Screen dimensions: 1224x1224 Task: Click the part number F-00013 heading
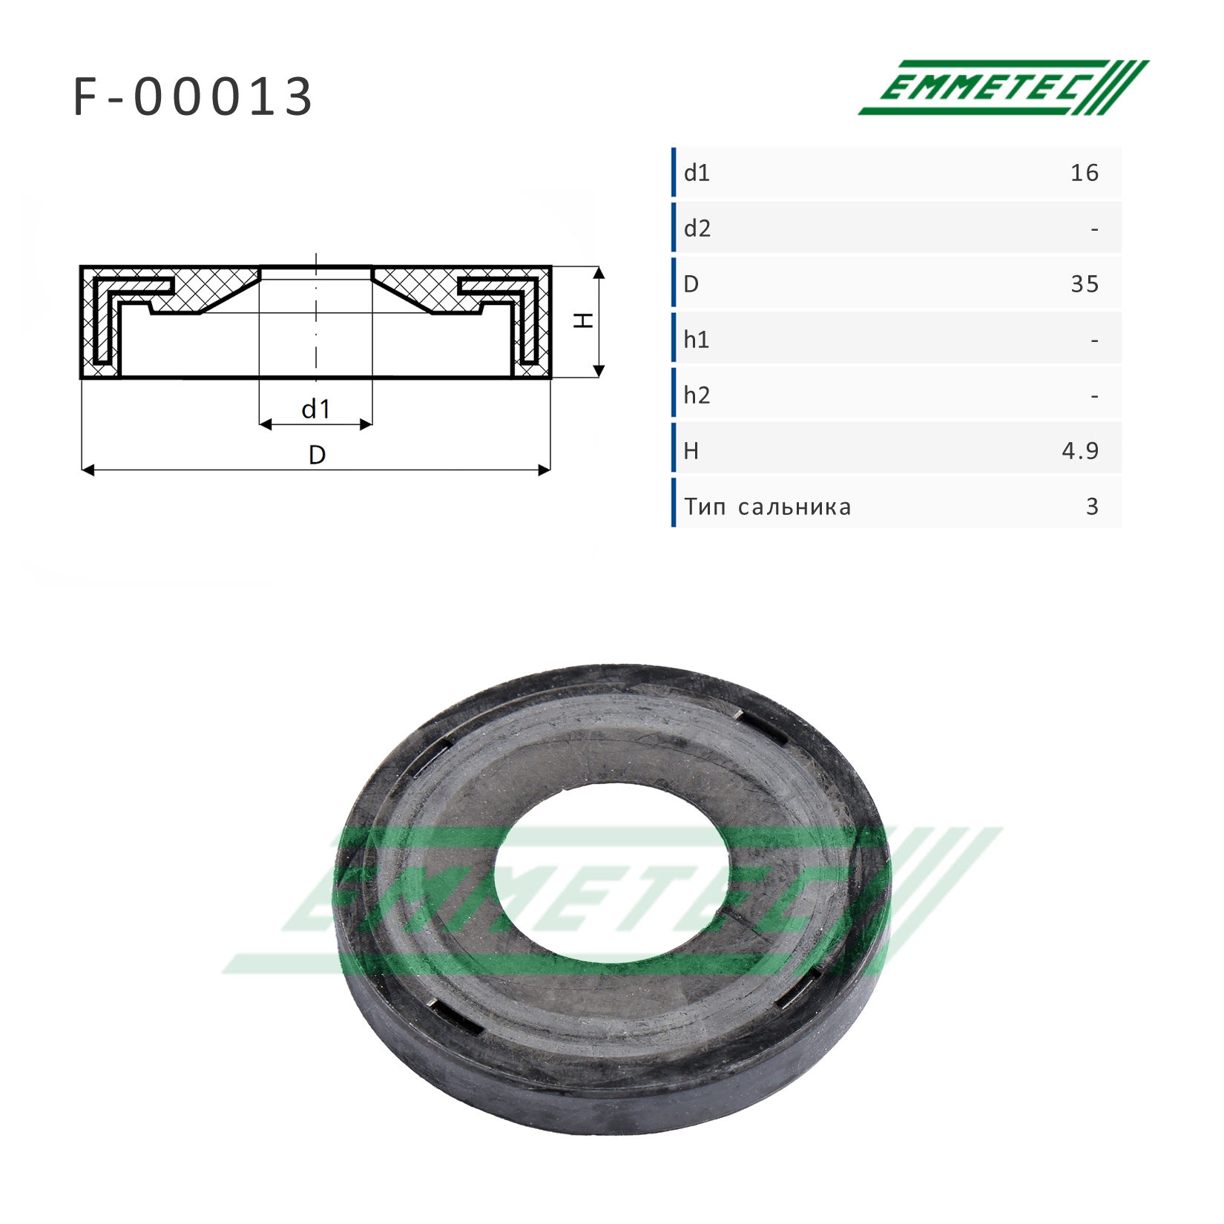point(193,97)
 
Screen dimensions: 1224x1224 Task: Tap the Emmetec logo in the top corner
point(1004,88)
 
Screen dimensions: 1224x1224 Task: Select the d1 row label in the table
point(697,173)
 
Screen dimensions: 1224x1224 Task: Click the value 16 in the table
point(1084,173)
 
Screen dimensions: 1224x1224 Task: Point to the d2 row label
point(697,228)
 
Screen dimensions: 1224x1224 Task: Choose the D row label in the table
point(691,284)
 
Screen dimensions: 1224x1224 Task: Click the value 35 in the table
point(1085,284)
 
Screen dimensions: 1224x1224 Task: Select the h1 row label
point(697,340)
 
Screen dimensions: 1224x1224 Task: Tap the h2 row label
point(697,395)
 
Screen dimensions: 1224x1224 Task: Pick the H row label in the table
point(691,451)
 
